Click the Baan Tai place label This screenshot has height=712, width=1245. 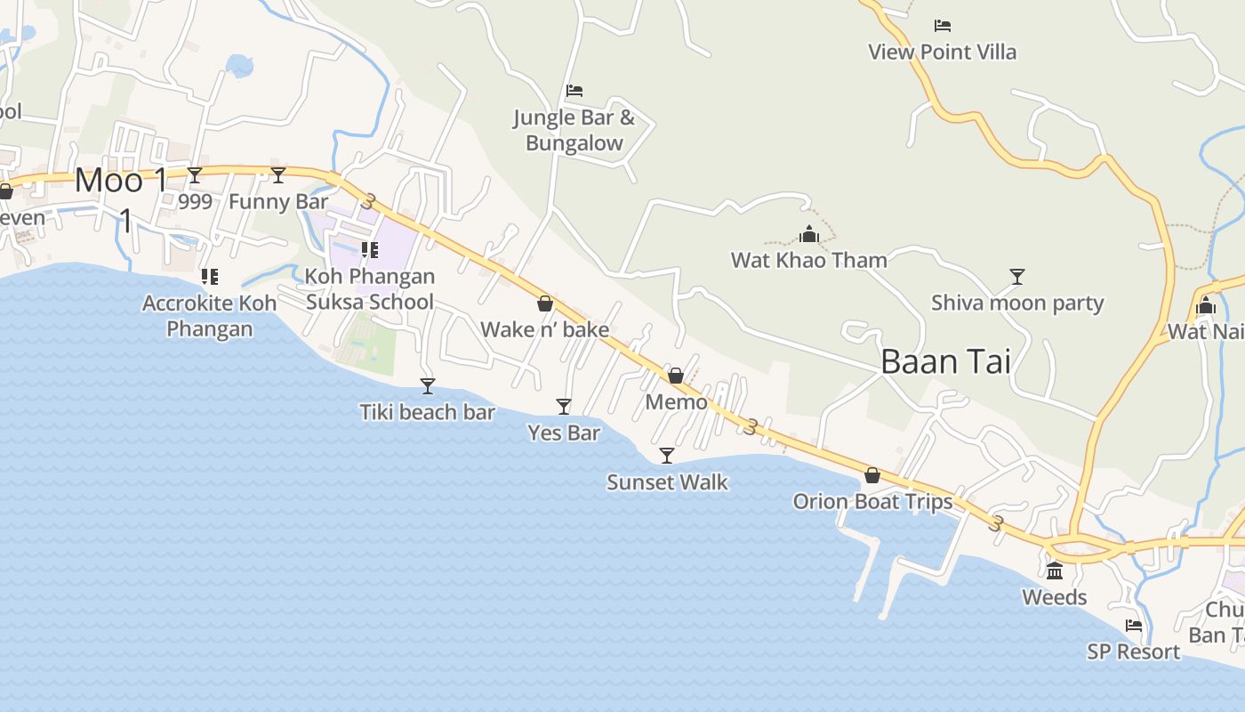click(945, 361)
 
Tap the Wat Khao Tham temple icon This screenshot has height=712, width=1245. click(809, 235)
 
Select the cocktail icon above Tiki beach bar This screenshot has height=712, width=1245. click(428, 385)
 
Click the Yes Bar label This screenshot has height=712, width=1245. click(564, 433)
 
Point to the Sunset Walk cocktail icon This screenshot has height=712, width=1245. click(667, 456)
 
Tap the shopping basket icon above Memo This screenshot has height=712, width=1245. click(676, 376)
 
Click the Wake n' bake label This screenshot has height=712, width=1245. click(544, 330)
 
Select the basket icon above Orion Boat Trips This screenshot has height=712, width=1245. click(872, 475)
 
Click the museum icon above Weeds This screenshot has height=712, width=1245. click(1055, 570)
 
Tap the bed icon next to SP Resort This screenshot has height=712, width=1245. click(1134, 626)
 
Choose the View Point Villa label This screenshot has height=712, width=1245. click(942, 52)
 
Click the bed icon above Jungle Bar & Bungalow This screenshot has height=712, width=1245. click(574, 91)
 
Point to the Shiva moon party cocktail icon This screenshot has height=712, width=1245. click(1017, 276)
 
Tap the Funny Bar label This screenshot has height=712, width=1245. click(278, 202)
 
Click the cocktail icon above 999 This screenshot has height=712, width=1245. click(195, 174)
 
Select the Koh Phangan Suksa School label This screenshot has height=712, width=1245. click(370, 289)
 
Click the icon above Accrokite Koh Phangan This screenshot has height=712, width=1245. click(210, 277)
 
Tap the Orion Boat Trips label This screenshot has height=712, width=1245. click(872, 502)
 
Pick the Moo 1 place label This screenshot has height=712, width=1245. click(121, 181)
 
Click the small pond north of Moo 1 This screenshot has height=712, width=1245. click(240, 65)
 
